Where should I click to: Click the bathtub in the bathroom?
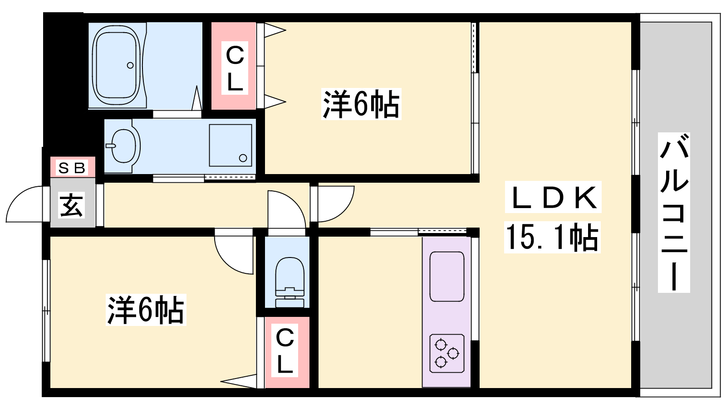click(117, 65)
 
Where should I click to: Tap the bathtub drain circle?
click(130, 65)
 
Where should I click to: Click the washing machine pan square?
click(231, 146)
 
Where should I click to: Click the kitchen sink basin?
click(447, 277)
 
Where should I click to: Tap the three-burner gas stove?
click(447, 353)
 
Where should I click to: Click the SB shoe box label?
click(72, 168)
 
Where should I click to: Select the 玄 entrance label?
click(72, 205)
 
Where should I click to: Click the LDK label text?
click(553, 197)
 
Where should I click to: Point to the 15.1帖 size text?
click(552, 238)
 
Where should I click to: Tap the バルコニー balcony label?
click(674, 213)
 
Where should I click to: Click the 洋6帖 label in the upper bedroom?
click(361, 104)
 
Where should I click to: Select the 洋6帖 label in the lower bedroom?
click(146, 310)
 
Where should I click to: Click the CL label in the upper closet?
click(235, 68)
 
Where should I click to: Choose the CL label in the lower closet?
click(285, 350)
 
